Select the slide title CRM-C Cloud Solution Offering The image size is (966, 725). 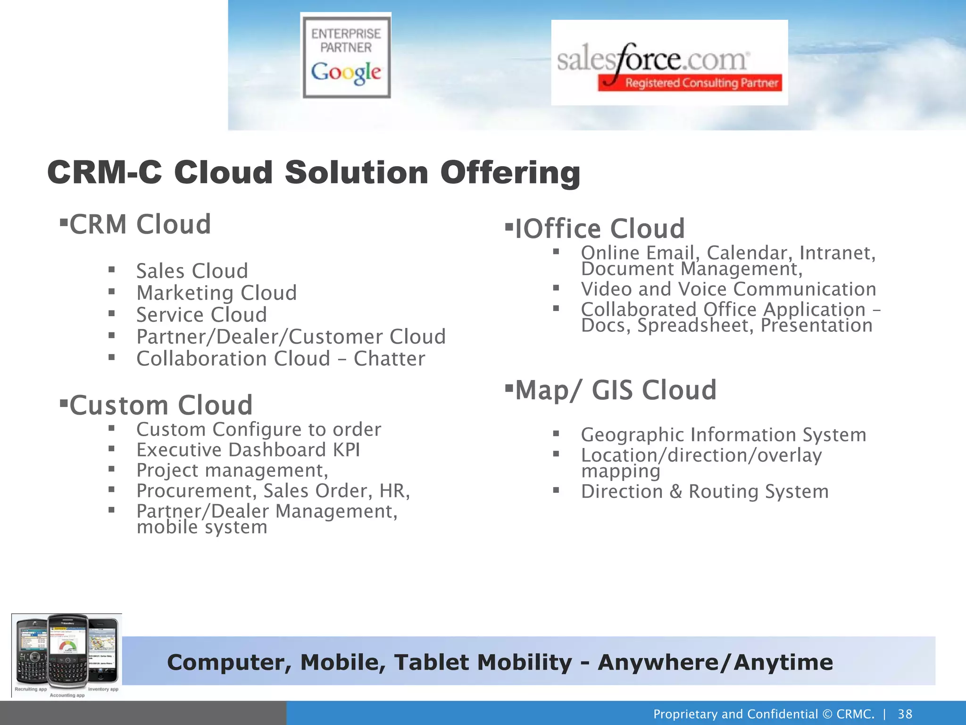(314, 172)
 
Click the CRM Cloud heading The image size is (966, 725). (140, 224)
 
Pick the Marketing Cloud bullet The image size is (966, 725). (217, 293)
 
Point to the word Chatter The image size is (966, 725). (389, 359)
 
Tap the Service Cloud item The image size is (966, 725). (201, 315)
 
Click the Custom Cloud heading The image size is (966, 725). (161, 405)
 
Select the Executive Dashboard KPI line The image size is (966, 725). (248, 450)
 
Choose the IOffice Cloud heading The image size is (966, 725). (600, 229)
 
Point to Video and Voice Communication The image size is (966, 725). (728, 289)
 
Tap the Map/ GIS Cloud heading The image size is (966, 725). (616, 390)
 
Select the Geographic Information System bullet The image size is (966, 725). (723, 435)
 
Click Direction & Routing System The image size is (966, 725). (704, 492)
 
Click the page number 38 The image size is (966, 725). (905, 714)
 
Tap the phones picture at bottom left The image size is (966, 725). (67, 655)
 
